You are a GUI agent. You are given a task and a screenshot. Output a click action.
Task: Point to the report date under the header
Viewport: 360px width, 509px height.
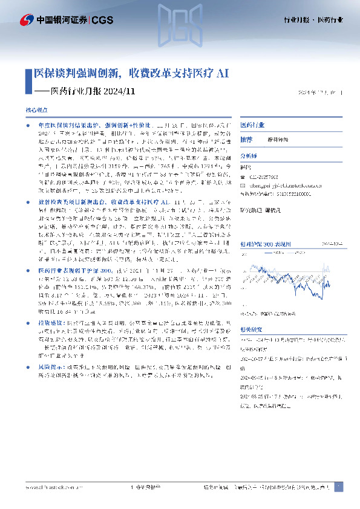(321, 92)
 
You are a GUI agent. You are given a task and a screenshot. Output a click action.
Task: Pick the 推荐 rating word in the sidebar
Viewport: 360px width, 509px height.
(246, 139)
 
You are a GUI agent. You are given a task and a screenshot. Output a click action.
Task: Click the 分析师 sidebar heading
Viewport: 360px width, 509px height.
(249, 155)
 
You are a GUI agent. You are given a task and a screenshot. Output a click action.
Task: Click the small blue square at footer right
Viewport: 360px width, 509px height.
(338, 487)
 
